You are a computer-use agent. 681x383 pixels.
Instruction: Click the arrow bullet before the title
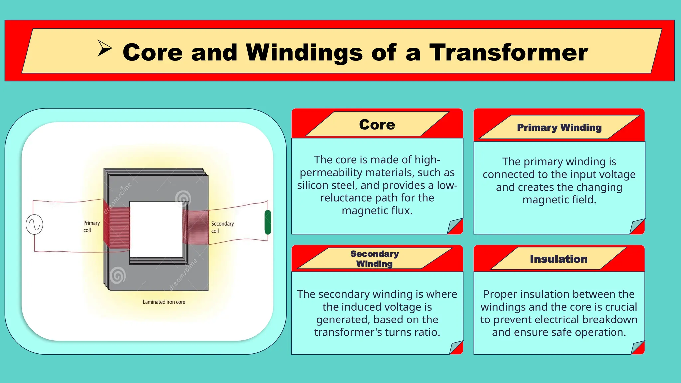[104, 48]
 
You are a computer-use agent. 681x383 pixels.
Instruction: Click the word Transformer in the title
[508, 52]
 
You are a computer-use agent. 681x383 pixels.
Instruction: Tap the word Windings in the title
[304, 52]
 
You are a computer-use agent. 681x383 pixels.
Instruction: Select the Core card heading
[377, 125]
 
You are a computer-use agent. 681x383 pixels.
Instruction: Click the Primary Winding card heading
[559, 128]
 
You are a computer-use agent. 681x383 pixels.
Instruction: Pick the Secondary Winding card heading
[374, 259]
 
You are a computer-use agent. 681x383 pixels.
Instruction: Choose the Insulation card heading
[558, 259]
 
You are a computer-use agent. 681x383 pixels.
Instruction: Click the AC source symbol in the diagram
[34, 225]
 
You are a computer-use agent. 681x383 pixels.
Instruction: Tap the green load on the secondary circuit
[268, 222]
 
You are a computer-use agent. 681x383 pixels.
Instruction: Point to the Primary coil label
[91, 226]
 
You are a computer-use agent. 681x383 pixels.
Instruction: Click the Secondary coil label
[222, 227]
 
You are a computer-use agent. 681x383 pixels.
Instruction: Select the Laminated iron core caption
[164, 302]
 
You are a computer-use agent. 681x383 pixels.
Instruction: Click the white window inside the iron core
[156, 229]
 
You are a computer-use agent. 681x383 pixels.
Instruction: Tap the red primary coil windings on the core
[116, 226]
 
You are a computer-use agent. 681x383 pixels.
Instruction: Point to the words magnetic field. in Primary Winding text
[559, 200]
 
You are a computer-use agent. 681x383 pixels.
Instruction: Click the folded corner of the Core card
[455, 226]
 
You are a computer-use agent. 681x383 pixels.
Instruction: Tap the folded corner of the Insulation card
[637, 347]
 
